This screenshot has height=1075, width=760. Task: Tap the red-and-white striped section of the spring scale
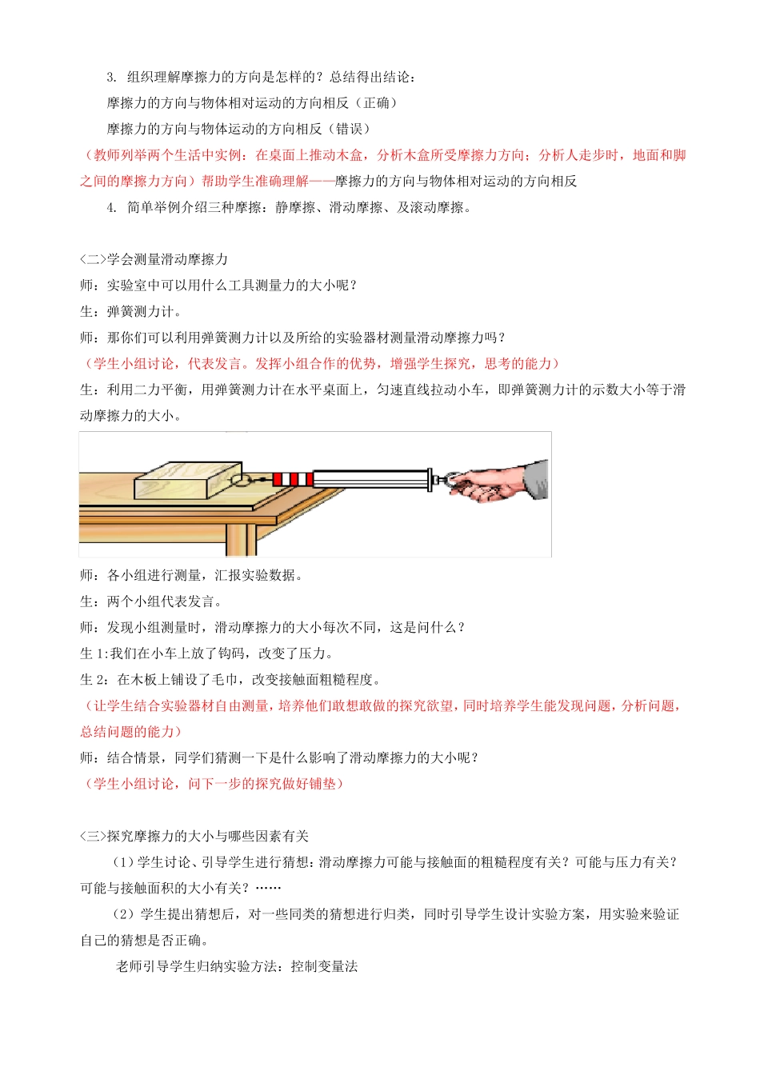292,479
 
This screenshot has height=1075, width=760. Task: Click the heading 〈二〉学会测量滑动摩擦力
154,259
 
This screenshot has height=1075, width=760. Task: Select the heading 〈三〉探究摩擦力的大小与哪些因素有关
194,836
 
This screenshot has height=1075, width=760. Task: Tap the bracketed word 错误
349,129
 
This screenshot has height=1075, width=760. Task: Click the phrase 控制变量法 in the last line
324,966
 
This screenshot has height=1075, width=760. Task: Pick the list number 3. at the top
112,77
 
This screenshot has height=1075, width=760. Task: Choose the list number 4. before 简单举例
112,207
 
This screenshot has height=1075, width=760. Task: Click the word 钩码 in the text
230,653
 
